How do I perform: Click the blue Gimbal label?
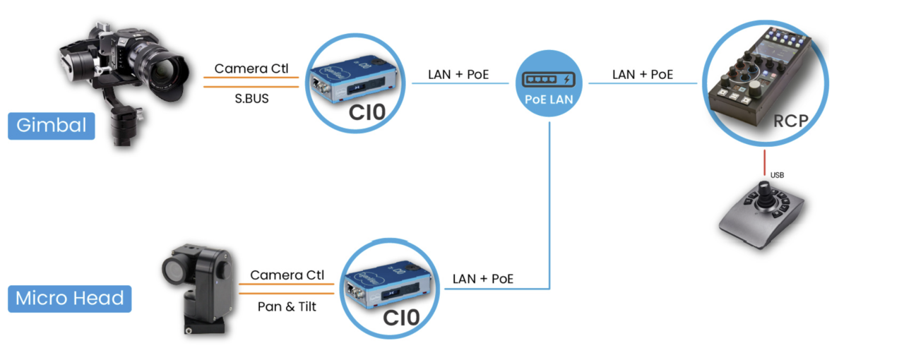pos(52,126)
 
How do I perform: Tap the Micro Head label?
pos(69,299)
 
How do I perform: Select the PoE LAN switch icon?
pos(549,83)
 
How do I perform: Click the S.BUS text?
pos(251,99)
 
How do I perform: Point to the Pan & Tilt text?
pos(287,307)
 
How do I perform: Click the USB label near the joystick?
pos(777,175)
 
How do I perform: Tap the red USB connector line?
pos(764,162)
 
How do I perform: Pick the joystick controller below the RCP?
pos(761,215)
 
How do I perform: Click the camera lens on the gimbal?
pos(165,75)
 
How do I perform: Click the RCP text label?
pos(790,121)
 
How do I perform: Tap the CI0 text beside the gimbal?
pos(367,113)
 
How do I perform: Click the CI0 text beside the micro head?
pos(401,318)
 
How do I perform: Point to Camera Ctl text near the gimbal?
pos(251,68)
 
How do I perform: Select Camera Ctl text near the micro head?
pos(287,275)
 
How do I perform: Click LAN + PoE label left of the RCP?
pos(643,75)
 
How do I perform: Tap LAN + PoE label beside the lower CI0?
pos(482,279)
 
